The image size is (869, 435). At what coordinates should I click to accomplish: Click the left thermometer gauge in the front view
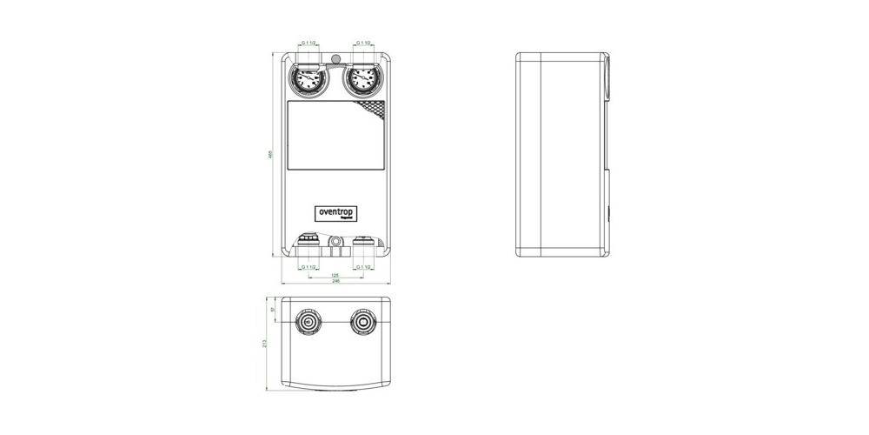click(x=308, y=82)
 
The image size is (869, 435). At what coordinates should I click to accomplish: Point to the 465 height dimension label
click(x=270, y=155)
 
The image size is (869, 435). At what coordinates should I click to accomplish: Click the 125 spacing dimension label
click(x=336, y=275)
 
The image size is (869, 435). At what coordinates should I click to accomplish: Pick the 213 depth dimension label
click(x=265, y=344)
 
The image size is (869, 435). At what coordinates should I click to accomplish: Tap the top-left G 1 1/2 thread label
click(x=308, y=42)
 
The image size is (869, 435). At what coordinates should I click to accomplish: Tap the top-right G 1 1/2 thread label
click(x=363, y=42)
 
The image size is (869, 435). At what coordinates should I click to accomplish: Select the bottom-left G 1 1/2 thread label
click(x=308, y=266)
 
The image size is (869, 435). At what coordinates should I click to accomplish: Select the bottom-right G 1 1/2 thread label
click(x=363, y=266)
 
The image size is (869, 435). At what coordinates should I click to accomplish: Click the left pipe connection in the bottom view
click(x=308, y=324)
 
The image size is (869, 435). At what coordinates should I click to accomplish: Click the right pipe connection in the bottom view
click(x=363, y=324)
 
